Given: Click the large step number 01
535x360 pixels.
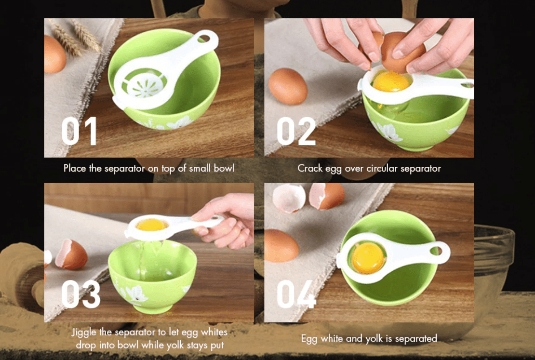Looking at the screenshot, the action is pos(79,131).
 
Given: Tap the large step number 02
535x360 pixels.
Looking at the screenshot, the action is pos(296,131).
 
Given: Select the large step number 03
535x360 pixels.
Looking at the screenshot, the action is pos(81,294).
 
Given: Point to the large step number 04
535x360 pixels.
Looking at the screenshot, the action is pos(296,294).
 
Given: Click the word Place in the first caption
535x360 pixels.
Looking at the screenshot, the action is pos(75,168).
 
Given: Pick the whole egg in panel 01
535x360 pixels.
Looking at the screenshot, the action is pos(54,54).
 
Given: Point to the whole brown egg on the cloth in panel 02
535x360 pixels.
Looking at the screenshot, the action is pos(288,86).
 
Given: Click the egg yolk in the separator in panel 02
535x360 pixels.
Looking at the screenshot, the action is pos(391,81).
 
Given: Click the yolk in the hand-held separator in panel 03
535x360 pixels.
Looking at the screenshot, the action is pos(152,225).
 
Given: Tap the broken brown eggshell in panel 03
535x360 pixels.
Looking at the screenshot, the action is pos(71,254).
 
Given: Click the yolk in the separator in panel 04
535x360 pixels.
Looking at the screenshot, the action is pos(368,258).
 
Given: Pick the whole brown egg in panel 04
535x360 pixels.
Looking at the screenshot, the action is pos(281,246).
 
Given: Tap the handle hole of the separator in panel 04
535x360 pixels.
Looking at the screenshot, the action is pos(436,251).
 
